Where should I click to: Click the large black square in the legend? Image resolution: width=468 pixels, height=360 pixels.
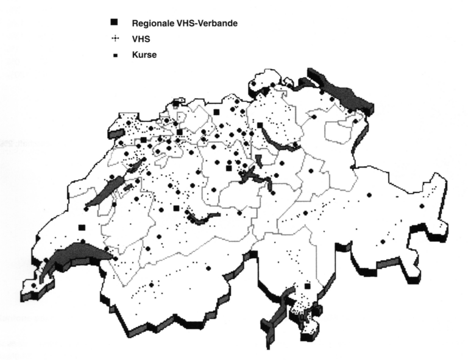[x=114, y=23]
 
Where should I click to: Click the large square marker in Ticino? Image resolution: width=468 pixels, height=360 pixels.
[x=307, y=286]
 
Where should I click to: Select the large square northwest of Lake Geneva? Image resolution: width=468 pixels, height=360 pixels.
[x=82, y=228]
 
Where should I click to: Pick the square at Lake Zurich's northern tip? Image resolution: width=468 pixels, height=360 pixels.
[x=260, y=125]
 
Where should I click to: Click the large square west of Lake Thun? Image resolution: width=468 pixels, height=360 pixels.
[x=176, y=208]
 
